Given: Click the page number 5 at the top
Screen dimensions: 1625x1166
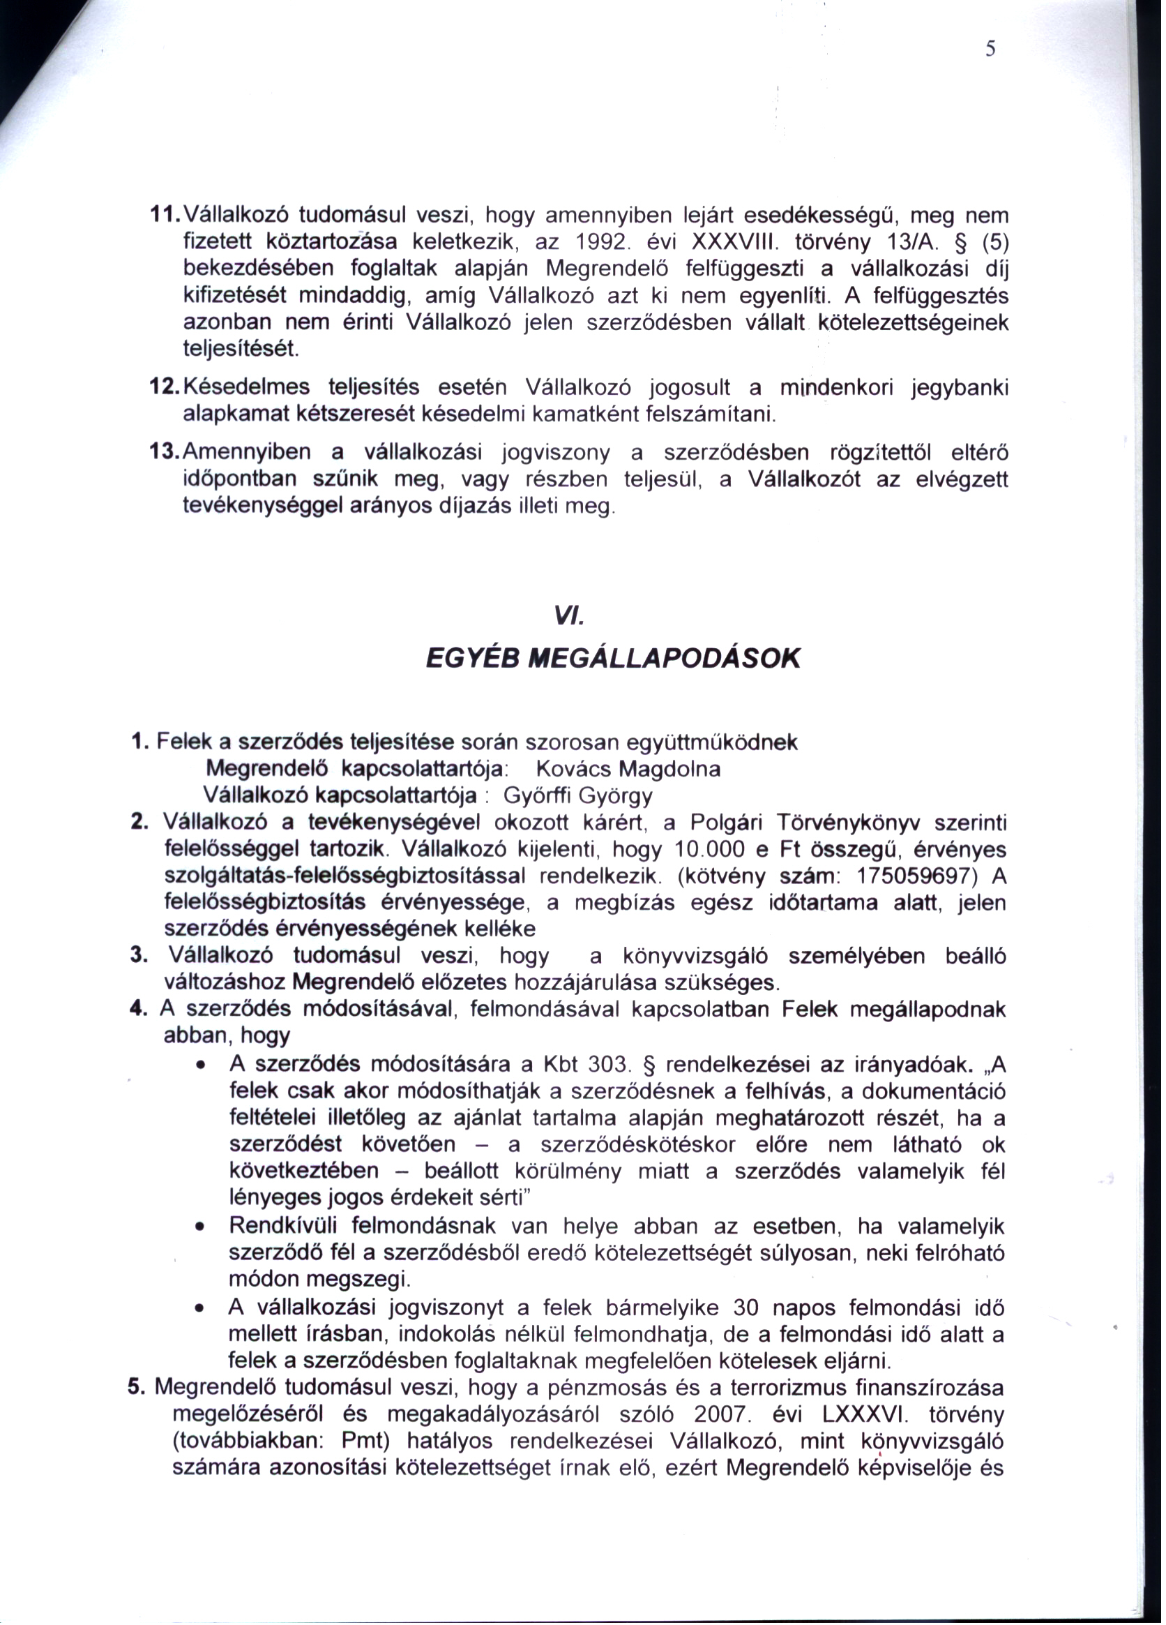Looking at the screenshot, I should click(x=990, y=49).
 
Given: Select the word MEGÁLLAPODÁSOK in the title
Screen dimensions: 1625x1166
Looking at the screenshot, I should click(x=663, y=658).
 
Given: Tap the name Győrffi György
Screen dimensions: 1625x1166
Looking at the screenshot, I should click(x=577, y=795).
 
